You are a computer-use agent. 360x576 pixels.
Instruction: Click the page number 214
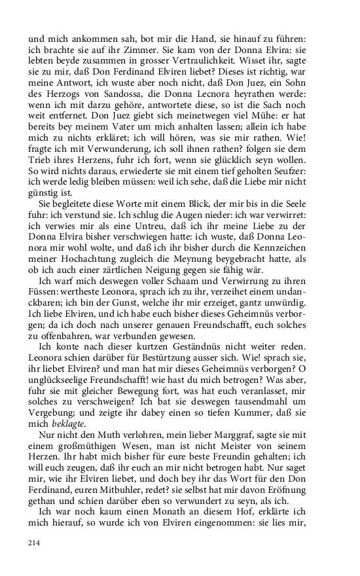(x=34, y=542)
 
